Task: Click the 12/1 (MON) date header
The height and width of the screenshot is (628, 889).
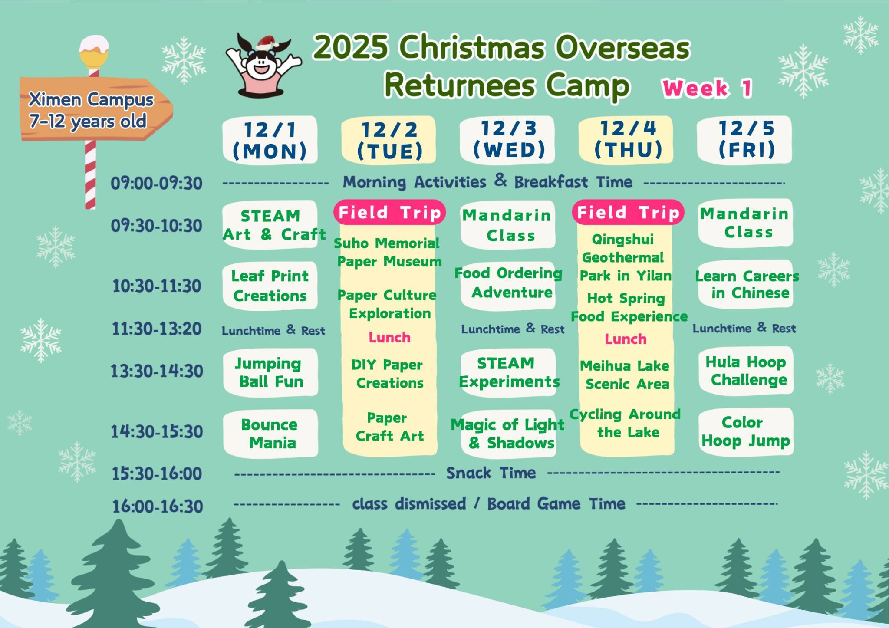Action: point(270,140)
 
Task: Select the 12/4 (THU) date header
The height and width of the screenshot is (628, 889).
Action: point(626,139)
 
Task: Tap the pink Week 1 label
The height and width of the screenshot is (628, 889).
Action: point(707,89)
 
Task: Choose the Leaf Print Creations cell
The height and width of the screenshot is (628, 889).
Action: point(270,286)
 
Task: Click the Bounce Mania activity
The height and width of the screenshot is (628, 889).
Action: point(270,433)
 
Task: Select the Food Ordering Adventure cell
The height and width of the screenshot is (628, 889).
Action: point(508,283)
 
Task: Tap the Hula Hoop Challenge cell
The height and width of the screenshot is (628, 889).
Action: point(746,371)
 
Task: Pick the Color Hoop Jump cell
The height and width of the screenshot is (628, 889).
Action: point(746,431)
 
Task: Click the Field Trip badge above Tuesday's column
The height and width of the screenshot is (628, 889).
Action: point(389,212)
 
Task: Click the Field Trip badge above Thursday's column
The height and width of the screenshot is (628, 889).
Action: point(628,212)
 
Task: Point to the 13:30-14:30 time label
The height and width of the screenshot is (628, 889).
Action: point(157,372)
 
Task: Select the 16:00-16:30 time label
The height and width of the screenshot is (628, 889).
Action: point(158,506)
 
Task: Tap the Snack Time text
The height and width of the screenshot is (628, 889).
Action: point(491,473)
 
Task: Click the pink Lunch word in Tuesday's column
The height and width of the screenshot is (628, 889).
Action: point(389,337)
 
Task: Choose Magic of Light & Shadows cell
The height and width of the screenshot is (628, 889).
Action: point(508,433)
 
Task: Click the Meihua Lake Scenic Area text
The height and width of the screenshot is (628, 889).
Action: point(626,375)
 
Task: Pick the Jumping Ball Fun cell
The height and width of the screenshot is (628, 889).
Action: point(270,372)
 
